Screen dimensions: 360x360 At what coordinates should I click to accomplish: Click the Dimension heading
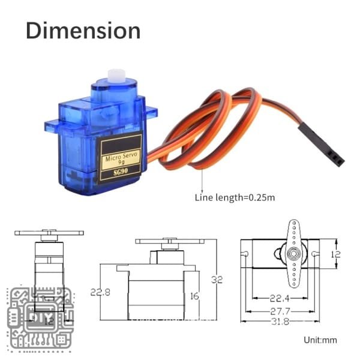83,31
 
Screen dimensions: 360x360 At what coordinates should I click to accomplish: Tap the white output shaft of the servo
116,76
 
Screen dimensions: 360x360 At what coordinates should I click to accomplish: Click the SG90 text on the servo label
121,172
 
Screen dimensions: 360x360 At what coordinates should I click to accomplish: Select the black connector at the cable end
322,145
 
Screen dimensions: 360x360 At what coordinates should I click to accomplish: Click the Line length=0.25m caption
235,197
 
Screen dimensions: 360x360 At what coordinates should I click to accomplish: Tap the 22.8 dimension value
100,292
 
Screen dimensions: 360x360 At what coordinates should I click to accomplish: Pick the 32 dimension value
217,280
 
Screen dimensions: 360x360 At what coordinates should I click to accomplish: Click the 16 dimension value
194,296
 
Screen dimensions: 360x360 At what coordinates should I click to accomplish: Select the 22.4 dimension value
280,298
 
